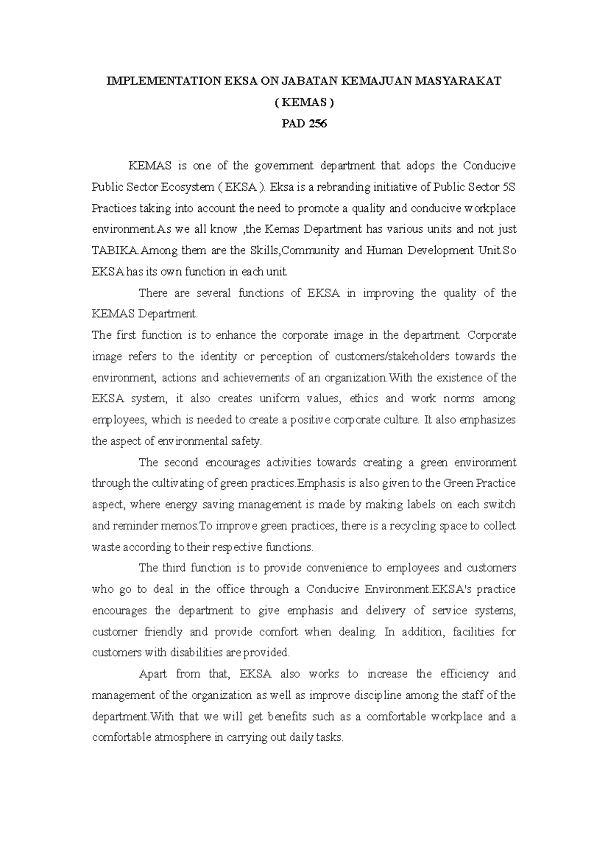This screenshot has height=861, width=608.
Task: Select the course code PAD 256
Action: tap(304, 123)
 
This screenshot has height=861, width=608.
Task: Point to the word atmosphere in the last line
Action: tap(183, 738)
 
